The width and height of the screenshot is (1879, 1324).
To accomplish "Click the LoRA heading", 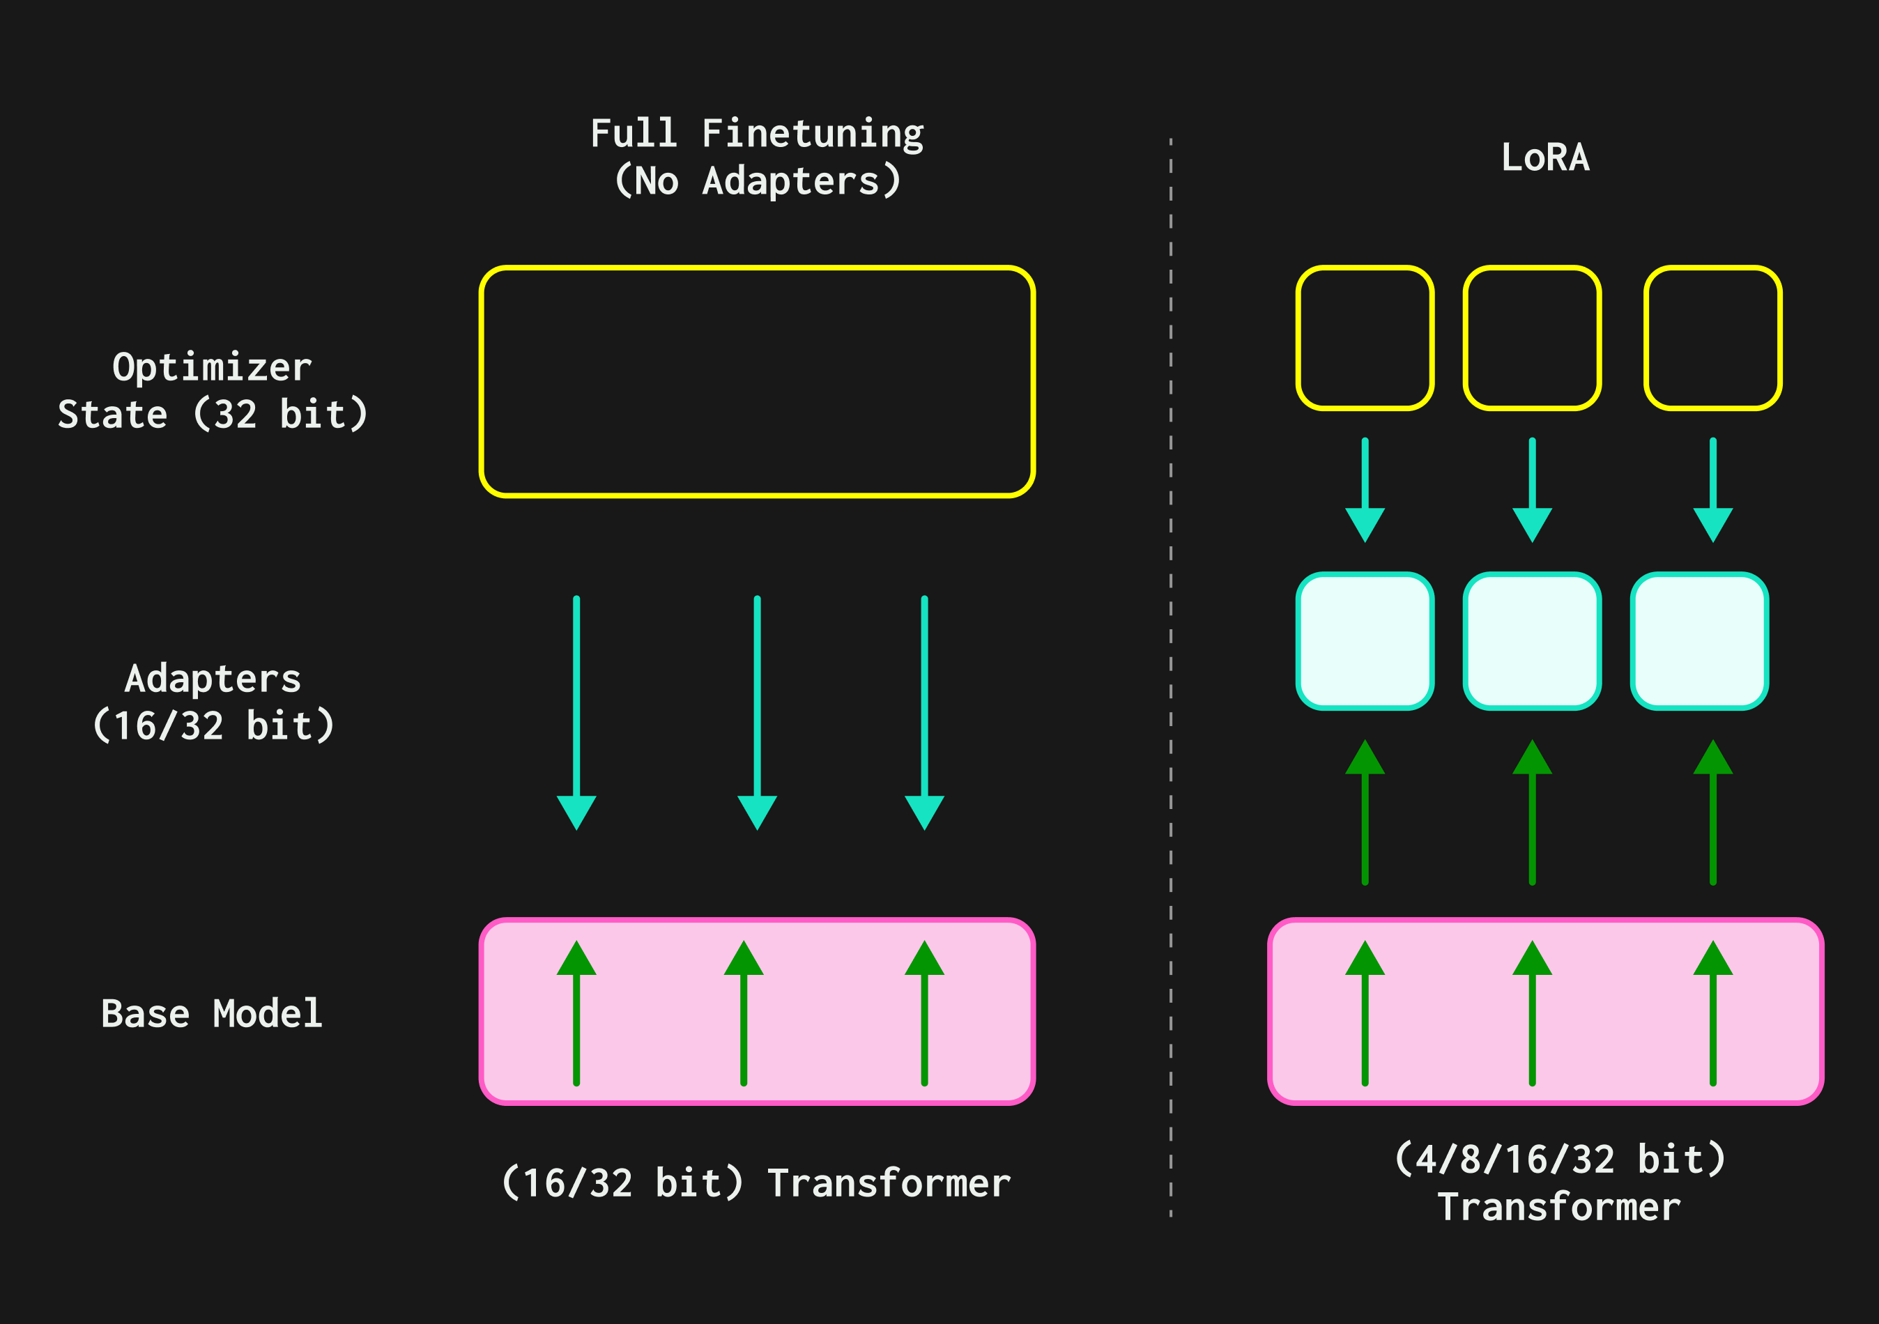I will pyautogui.click(x=1545, y=157).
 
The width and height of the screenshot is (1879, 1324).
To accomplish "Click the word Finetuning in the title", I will pyautogui.click(x=812, y=133).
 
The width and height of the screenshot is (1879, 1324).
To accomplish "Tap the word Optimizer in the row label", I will pyautogui.click(x=212, y=367).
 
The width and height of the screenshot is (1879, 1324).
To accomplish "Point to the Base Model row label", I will pyautogui.click(x=211, y=1013).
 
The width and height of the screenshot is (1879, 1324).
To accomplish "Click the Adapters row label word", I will pyautogui.click(x=213, y=678).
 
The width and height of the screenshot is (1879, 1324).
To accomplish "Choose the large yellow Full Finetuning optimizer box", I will pyautogui.click(x=757, y=381).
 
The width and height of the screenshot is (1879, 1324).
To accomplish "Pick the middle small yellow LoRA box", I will pyautogui.click(x=1532, y=337).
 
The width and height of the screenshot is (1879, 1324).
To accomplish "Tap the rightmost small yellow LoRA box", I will pyautogui.click(x=1713, y=337).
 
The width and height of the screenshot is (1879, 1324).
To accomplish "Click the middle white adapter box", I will pyautogui.click(x=1532, y=640).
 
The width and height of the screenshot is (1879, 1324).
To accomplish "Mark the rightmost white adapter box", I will pyautogui.click(x=1700, y=640).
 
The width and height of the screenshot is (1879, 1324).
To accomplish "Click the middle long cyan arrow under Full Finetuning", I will pyautogui.click(x=757, y=712).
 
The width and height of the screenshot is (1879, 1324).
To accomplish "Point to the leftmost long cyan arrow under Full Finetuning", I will pyautogui.click(x=576, y=712).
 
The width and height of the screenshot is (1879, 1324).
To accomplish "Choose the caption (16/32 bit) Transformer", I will pyautogui.click(x=756, y=1183).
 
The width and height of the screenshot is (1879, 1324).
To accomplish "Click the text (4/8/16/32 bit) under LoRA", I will pyautogui.click(x=1560, y=1160).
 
